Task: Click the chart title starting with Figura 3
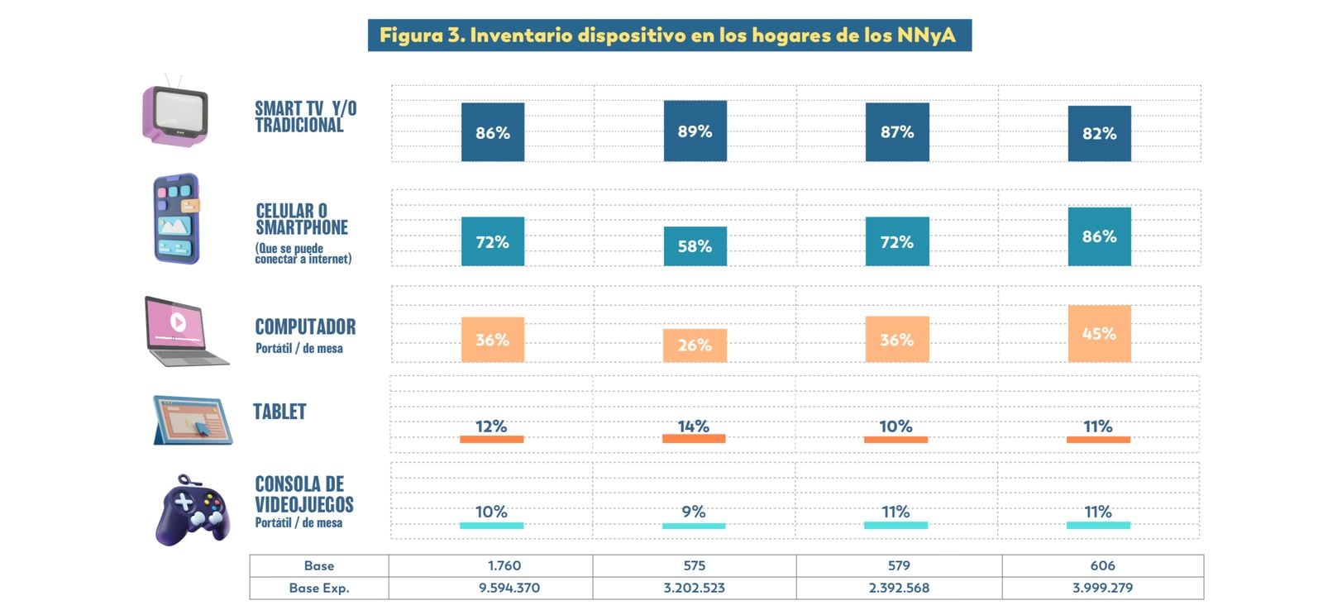[668, 36]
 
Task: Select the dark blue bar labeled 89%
[695, 131]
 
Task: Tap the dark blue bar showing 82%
[1099, 133]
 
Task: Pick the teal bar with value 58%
[695, 245]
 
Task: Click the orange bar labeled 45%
[1099, 333]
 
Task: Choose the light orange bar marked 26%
[695, 345]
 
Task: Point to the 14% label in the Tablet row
[693, 427]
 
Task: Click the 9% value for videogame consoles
[693, 512]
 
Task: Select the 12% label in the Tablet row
[491, 427]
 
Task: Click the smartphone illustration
[176, 218]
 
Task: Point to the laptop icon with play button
[184, 330]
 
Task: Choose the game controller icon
[192, 510]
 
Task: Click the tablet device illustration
[192, 419]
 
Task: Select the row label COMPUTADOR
[305, 326]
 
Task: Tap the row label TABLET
[279, 412]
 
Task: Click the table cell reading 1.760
[504, 565]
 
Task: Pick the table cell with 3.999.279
[1102, 588]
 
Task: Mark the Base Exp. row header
[319, 588]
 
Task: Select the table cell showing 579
[899, 565]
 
